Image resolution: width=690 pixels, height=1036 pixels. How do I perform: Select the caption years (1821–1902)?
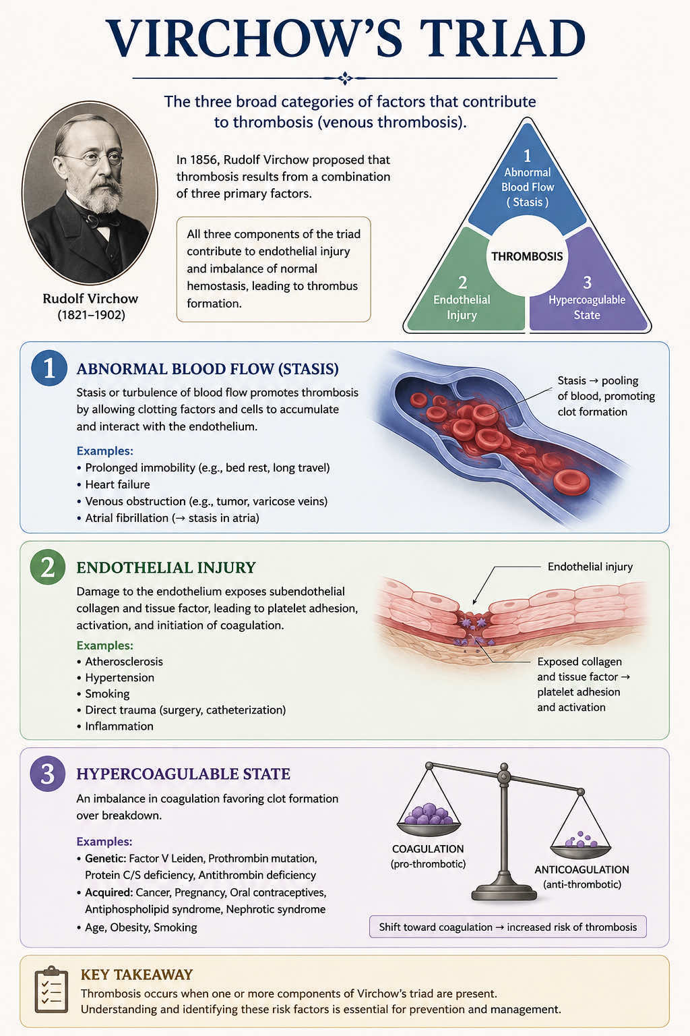click(x=91, y=315)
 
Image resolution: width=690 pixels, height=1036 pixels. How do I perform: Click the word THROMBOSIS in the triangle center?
click(x=527, y=256)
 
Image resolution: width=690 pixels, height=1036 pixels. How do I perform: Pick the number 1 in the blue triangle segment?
click(x=527, y=156)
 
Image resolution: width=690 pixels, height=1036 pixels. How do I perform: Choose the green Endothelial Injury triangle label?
click(x=462, y=307)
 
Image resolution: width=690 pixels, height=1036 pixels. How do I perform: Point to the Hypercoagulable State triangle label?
click(x=587, y=307)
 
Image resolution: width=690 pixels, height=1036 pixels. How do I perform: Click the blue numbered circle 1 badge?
click(x=49, y=369)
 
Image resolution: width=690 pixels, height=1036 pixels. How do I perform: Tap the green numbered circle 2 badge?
click(x=48, y=567)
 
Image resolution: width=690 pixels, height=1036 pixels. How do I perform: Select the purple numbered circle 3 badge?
click(x=48, y=774)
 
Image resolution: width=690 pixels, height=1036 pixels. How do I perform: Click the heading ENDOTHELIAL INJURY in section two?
click(x=166, y=567)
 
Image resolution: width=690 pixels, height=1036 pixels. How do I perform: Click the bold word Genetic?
click(x=105, y=859)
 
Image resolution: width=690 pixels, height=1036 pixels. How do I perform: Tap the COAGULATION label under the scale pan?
click(x=428, y=848)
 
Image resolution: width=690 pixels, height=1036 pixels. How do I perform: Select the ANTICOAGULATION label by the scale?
click(x=582, y=869)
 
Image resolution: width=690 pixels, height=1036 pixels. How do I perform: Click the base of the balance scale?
click(x=504, y=892)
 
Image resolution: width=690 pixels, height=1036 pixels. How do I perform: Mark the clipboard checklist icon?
click(x=51, y=989)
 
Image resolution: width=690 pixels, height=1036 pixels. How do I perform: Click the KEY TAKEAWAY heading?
click(x=136, y=975)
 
